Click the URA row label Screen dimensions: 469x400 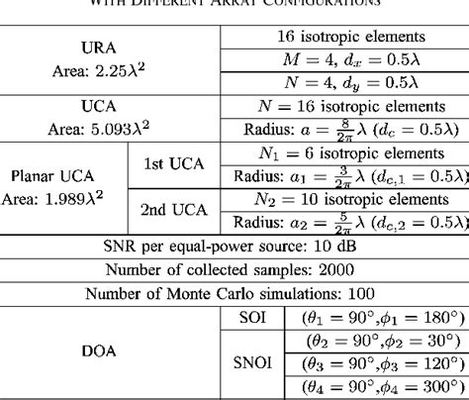coord(110,48)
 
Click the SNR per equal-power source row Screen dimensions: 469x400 coord(234,247)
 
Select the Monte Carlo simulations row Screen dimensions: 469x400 coord(234,294)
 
